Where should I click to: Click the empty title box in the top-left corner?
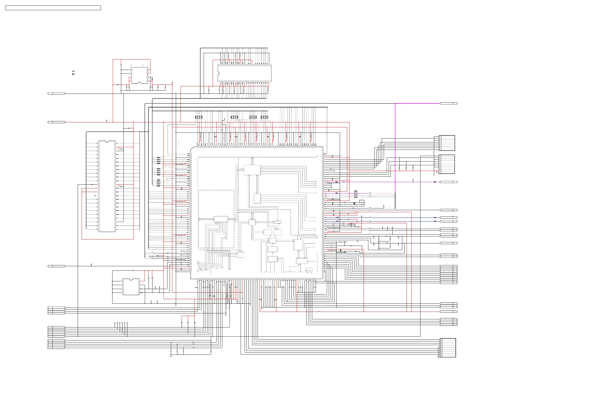click(53, 8)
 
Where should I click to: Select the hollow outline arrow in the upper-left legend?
click(73, 71)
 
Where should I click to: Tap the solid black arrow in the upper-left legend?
click(73, 74)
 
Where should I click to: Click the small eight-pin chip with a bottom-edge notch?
click(139, 75)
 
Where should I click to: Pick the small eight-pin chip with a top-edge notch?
click(131, 287)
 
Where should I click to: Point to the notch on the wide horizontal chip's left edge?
click(218, 73)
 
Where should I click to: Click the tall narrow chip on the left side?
click(107, 186)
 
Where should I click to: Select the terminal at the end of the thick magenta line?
click(448, 103)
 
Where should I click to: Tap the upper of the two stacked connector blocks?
click(447, 143)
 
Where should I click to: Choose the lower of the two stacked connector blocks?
click(447, 164)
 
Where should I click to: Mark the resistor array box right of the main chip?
click(356, 194)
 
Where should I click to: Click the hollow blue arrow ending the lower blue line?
click(435, 221)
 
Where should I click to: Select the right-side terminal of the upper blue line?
click(448, 217)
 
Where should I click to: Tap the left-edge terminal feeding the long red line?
click(56, 122)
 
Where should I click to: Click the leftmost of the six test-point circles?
click(115, 323)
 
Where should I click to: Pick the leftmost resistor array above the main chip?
click(198, 117)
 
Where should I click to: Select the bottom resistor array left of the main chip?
click(158, 183)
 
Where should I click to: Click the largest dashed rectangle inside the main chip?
click(216, 219)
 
